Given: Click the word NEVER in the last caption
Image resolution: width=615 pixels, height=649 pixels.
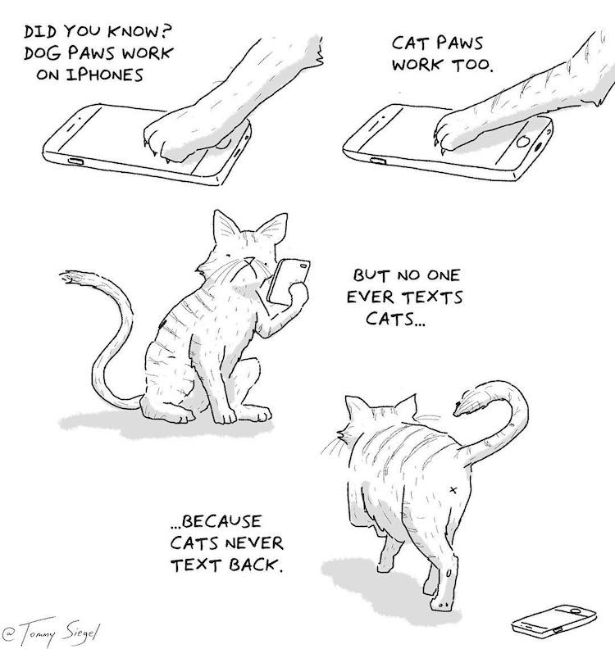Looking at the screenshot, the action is coord(255,543).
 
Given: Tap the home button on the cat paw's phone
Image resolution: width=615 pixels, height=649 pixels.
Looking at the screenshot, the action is coord(522,142).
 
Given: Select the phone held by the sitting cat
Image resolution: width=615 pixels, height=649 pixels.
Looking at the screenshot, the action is coord(289,280).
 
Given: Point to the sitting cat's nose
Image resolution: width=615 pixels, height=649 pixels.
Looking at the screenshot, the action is coord(249,261).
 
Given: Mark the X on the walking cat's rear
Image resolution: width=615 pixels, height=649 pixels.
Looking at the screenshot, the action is coord(453,490).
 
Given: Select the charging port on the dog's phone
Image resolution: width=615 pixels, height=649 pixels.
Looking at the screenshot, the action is coord(75,161).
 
